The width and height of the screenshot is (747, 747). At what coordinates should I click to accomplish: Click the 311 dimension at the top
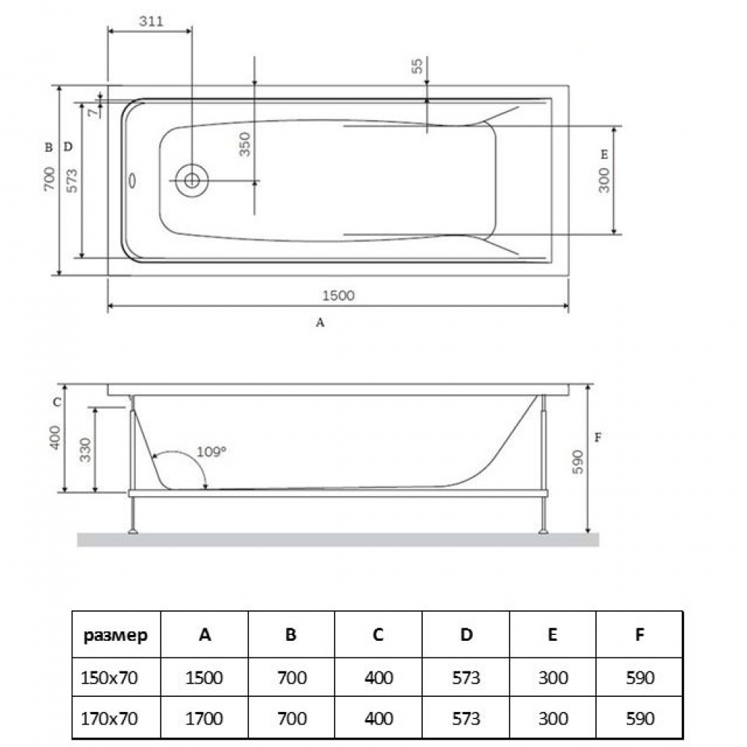151,21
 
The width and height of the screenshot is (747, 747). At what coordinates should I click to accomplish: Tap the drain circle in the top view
191,180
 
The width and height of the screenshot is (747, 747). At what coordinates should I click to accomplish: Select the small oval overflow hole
133,181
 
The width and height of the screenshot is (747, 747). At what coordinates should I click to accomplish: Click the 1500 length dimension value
338,295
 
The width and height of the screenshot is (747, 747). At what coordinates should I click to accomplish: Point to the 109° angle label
211,451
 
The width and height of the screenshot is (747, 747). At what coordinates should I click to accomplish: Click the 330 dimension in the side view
86,449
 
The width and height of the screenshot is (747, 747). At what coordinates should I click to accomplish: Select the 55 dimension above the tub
418,66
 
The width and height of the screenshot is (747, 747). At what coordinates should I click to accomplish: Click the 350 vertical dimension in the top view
246,143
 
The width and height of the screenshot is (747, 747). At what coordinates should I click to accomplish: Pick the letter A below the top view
321,323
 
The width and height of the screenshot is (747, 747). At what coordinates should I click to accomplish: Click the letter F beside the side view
597,438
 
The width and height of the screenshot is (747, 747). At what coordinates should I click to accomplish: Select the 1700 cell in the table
205,718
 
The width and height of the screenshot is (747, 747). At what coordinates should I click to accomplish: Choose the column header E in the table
552,635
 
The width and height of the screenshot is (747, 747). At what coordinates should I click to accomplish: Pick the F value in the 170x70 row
639,718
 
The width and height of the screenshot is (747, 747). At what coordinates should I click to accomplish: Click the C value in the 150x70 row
378,678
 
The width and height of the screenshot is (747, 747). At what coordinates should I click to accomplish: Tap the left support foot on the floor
134,531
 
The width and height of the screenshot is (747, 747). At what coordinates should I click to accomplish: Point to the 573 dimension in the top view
72,179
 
